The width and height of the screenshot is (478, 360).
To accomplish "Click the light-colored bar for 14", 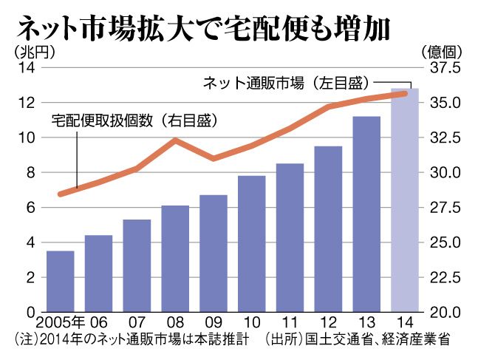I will (404, 200).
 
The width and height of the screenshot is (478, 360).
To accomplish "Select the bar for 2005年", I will (61, 281).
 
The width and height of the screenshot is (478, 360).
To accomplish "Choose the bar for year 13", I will (366, 214).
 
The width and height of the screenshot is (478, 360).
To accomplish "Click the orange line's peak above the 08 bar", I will (174, 140).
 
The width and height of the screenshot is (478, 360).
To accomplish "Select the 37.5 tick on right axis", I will (445, 68).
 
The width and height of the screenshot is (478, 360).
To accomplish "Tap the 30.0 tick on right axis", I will (445, 173).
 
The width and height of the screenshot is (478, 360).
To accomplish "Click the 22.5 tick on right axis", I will (445, 277).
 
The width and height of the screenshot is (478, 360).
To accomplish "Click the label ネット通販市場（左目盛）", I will (286, 83).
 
